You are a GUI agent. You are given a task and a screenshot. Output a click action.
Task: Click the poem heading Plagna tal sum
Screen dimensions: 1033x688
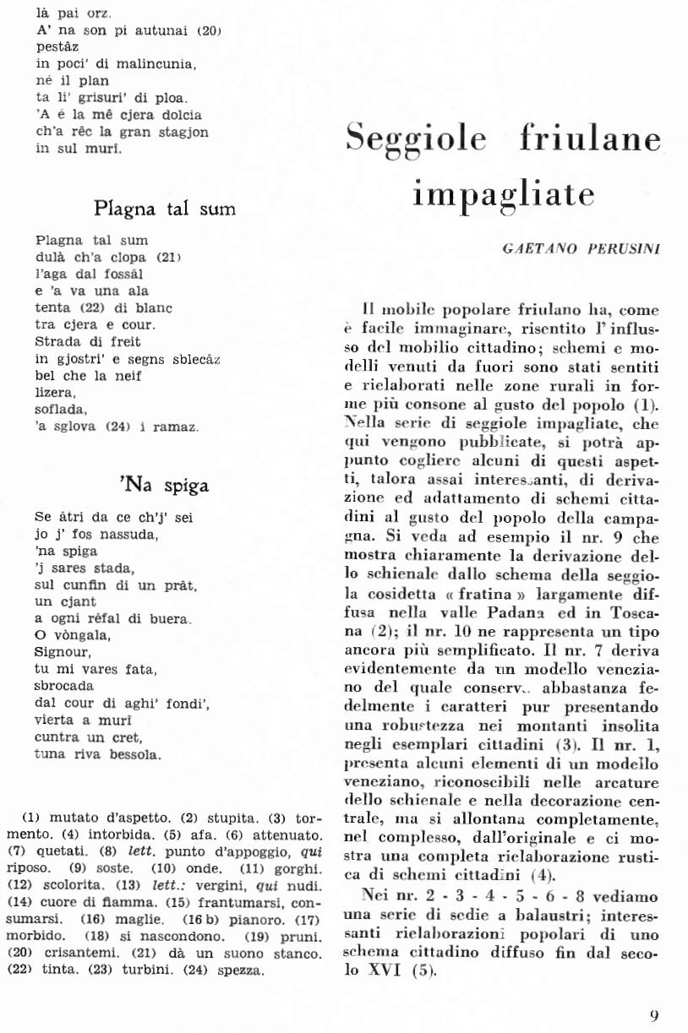(x=165, y=208)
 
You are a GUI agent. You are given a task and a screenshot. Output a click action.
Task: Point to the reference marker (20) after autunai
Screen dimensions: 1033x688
(x=208, y=31)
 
